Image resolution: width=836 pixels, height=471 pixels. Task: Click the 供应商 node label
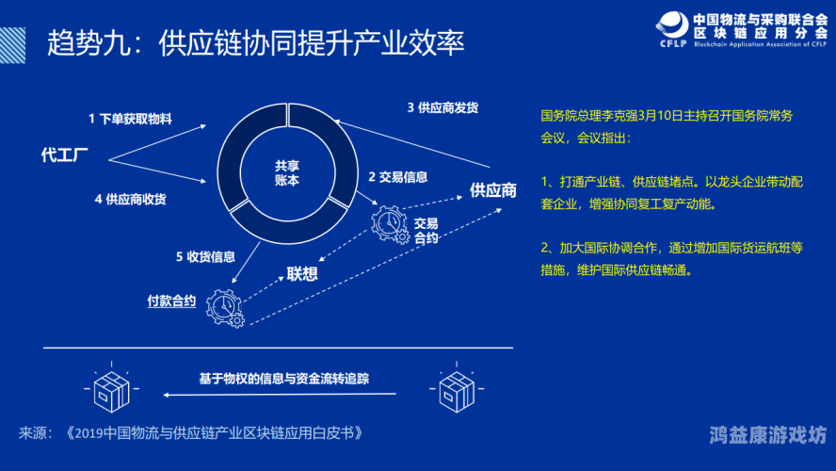[x=493, y=190]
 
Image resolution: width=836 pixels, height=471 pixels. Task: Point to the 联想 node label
[x=301, y=275]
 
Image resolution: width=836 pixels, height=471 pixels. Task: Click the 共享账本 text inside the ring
[x=286, y=171]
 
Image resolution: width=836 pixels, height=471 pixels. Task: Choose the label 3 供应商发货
[x=442, y=107]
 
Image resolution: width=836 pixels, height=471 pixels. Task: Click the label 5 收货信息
[x=204, y=256]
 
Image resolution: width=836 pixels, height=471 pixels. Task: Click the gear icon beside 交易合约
[x=388, y=224]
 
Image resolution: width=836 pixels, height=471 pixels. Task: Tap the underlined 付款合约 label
[x=171, y=301]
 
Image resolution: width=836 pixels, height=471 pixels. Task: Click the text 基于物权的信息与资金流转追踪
[x=283, y=379]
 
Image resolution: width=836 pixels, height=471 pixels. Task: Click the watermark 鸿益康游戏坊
[x=767, y=435]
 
